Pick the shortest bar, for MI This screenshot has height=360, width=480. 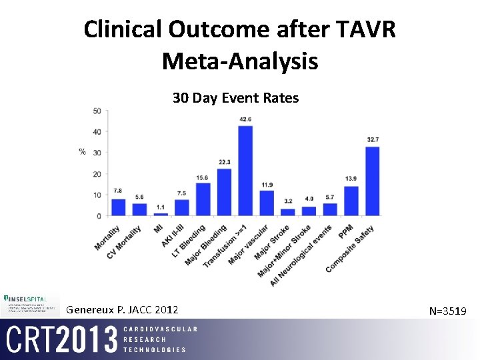pos(160,214)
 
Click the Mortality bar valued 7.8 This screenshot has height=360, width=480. pos(118,207)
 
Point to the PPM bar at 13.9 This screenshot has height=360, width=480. pos(351,201)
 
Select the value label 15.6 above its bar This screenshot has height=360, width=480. pos(203,177)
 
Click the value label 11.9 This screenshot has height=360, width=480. pos(267,185)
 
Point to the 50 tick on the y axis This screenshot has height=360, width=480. pos(97,111)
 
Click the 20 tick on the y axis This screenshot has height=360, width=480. pos(97,174)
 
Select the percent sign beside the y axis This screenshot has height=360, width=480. pos(82,152)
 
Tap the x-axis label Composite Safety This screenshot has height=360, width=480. pos(351,249)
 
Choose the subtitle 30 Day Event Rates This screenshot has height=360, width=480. pos(235,98)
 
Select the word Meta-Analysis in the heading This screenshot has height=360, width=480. pos(239,62)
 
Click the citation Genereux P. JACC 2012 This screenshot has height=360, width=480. pos(122,310)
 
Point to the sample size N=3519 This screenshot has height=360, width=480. pos(447,311)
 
